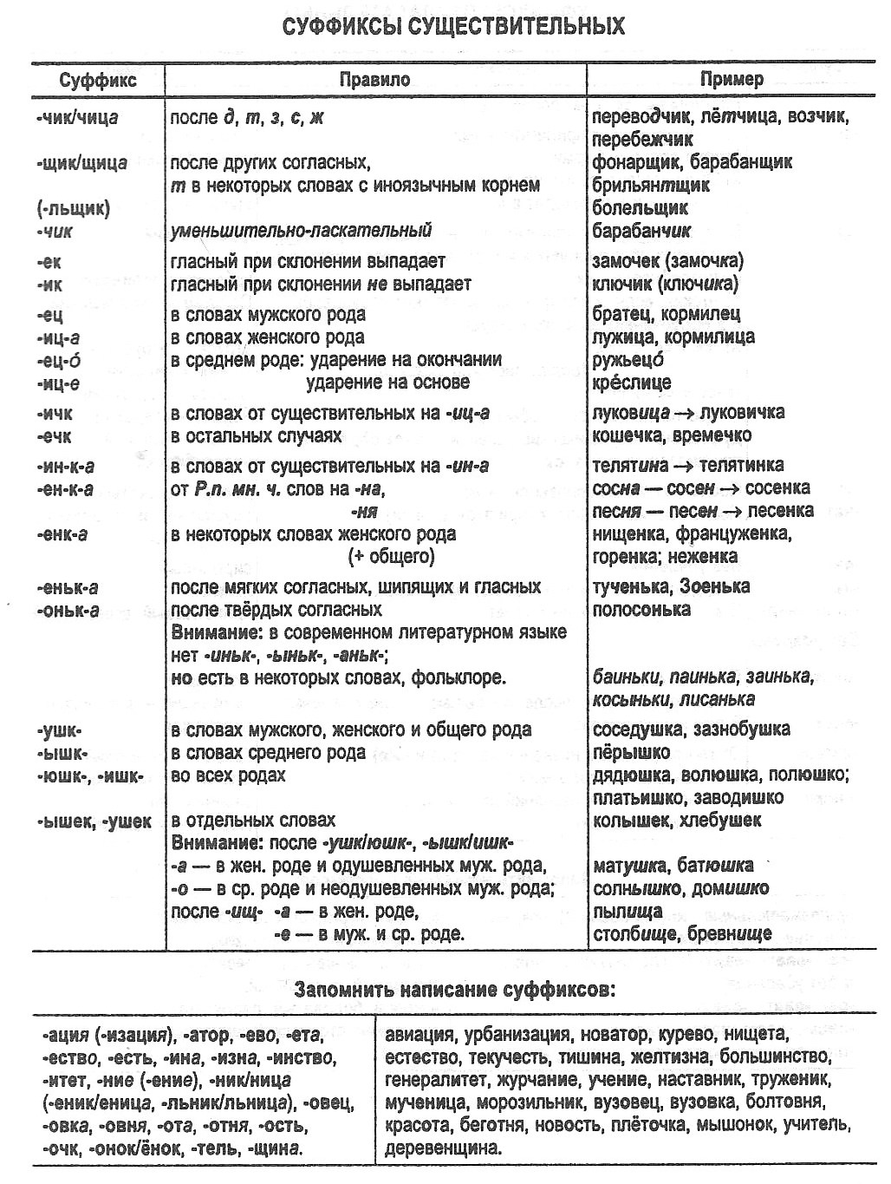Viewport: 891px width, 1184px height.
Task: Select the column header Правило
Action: tap(374, 80)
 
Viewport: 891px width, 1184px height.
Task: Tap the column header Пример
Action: tap(732, 79)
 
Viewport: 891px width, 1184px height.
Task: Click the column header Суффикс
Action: tap(98, 81)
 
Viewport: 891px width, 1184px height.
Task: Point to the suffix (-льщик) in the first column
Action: tap(74, 208)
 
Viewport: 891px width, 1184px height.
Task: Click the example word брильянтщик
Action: tap(650, 185)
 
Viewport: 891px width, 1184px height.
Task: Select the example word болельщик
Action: tap(640, 208)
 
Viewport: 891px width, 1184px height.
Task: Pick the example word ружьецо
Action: tap(628, 360)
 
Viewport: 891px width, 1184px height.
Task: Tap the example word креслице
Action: tap(631, 383)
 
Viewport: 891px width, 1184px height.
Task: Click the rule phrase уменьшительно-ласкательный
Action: tap(301, 231)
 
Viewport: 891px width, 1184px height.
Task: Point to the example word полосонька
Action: tap(641, 609)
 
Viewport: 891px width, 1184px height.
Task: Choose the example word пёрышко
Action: tap(631, 752)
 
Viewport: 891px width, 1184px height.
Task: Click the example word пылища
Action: tap(628, 912)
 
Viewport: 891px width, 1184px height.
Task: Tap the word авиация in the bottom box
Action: tap(419, 1034)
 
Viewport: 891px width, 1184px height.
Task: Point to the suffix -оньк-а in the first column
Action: tap(68, 610)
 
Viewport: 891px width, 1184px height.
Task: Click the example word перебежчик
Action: tap(642, 139)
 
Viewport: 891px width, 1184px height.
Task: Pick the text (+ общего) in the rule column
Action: tap(391, 556)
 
